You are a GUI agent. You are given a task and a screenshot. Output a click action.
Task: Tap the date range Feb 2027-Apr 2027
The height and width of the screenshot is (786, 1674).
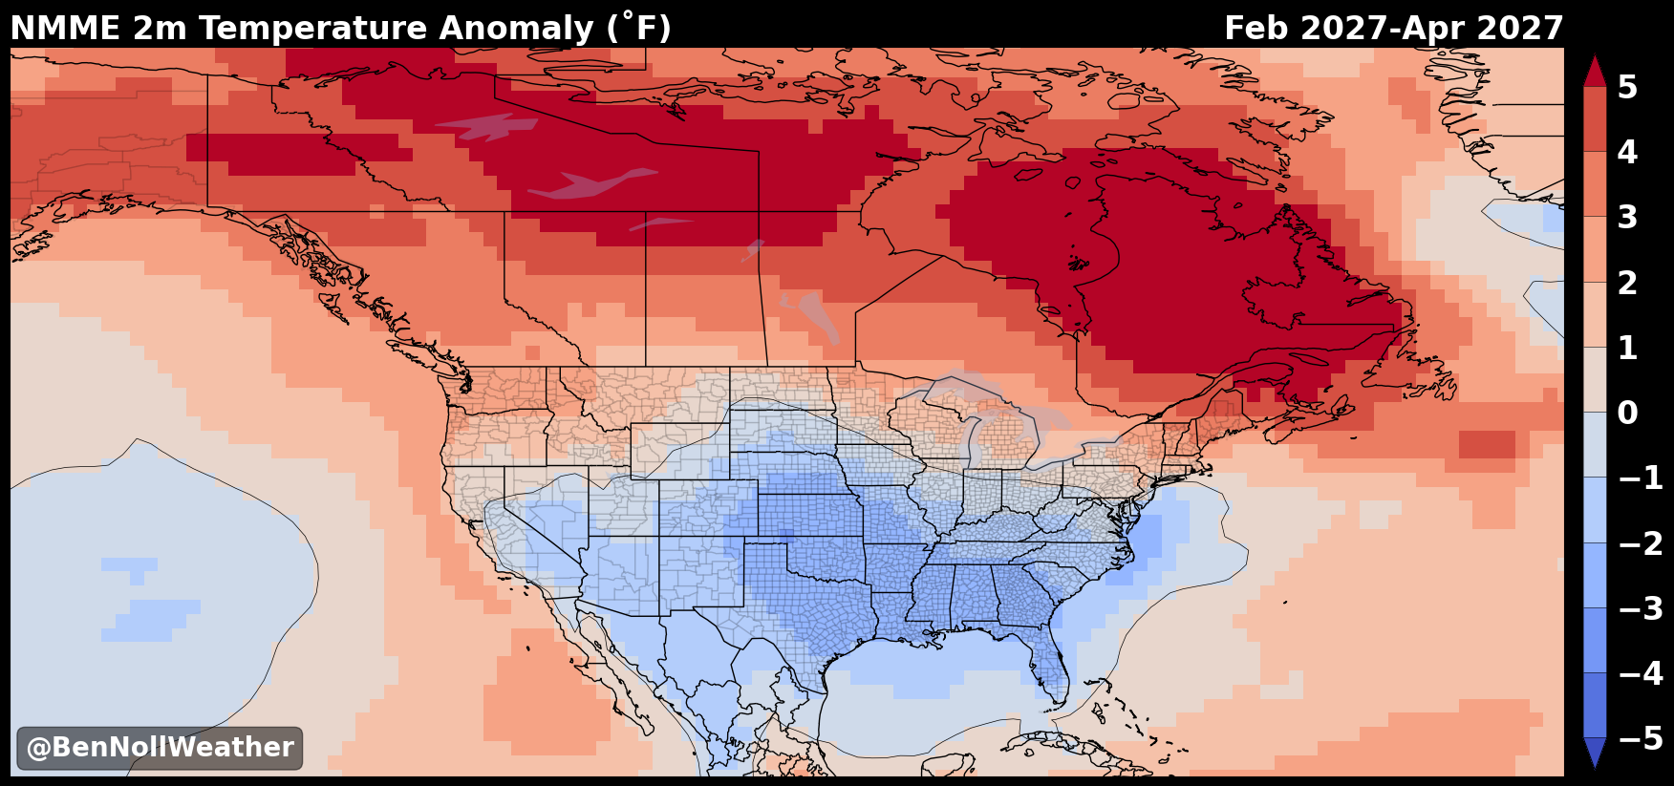1393,28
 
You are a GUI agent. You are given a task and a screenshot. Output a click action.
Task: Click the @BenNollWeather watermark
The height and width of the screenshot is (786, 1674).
160,748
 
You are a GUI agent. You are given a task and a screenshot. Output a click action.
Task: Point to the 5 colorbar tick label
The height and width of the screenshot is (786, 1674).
1627,87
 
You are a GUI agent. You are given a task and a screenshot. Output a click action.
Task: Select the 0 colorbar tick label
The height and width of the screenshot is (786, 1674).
1627,413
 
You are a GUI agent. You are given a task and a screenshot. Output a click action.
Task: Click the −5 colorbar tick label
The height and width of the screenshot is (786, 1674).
1641,738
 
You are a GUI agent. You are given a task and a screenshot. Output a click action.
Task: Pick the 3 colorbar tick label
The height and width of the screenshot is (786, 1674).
1627,217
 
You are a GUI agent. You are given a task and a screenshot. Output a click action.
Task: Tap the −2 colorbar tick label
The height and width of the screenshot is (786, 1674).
1641,543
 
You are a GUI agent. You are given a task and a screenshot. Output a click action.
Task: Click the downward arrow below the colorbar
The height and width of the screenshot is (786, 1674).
1594,752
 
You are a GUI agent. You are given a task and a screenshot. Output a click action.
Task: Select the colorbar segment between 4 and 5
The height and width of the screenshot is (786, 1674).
1594,119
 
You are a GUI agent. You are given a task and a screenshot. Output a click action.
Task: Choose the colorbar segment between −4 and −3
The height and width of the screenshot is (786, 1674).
1594,640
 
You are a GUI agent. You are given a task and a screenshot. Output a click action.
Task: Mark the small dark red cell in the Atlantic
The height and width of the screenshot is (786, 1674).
1487,444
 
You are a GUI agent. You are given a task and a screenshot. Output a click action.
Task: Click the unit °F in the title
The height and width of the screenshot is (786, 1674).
640,28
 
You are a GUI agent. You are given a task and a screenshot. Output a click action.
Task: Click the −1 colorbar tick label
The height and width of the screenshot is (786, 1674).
1641,478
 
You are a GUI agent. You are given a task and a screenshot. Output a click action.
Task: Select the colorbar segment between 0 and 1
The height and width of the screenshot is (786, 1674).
1594,379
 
